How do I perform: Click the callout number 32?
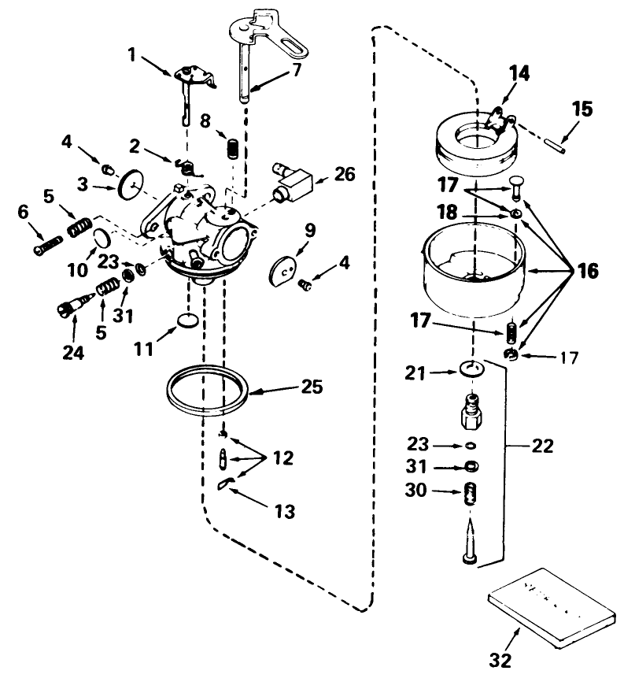pos(501,659)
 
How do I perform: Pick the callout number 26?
pos(343,175)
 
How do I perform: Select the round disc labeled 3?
pos(131,186)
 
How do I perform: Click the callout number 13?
pos(284,512)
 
